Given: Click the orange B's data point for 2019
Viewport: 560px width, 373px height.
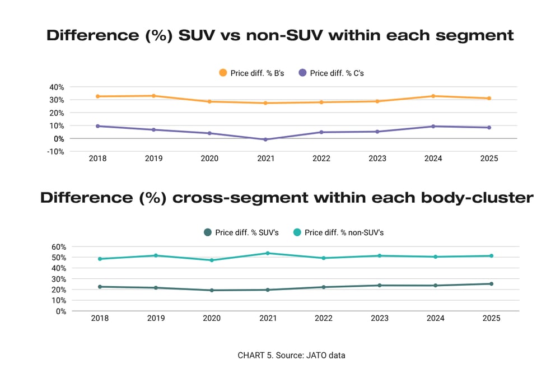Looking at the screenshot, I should [x=153, y=96].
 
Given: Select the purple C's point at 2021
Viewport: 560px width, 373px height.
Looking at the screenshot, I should [x=265, y=139].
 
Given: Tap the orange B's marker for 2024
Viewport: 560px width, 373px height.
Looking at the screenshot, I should [x=433, y=96].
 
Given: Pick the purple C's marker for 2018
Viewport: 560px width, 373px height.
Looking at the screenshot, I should [x=97, y=126].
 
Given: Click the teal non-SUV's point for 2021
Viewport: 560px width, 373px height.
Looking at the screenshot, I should [x=268, y=253].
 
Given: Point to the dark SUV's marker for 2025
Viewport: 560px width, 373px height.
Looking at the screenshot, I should [x=491, y=284].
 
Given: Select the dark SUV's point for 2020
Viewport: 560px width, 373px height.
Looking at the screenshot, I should [x=212, y=290].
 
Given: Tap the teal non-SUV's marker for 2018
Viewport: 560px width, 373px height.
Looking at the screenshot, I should [x=100, y=259].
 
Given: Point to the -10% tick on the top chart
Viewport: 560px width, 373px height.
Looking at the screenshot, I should [x=55, y=151].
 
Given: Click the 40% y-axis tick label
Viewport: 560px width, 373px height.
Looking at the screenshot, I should [x=57, y=87].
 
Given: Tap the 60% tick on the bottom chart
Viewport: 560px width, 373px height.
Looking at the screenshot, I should [x=59, y=246].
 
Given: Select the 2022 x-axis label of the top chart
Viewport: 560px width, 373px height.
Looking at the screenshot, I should [x=321, y=158].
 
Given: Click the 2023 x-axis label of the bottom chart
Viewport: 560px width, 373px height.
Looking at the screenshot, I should [x=380, y=318].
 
